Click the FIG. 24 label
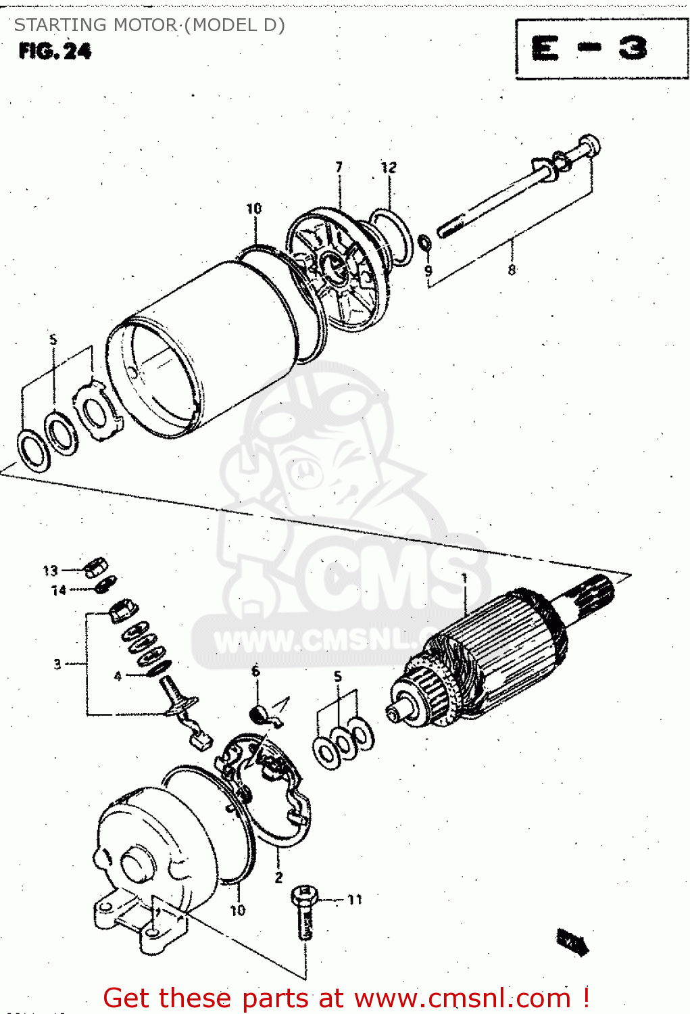tap(55, 51)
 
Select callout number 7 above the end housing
tap(339, 166)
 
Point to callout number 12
tap(389, 167)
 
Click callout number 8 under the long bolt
tap(512, 270)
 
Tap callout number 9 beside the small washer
tap(428, 271)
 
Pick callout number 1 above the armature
tap(464, 579)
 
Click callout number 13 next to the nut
tap(51, 571)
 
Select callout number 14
tap(59, 590)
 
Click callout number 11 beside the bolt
tap(355, 899)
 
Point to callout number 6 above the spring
tap(255, 671)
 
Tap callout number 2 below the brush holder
tap(278, 877)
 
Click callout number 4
tap(118, 676)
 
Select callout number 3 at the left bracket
tap(57, 665)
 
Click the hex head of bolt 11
tap(303, 896)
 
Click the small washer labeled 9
tap(424, 242)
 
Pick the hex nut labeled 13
tap(95, 566)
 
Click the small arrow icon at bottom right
tap(572, 942)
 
